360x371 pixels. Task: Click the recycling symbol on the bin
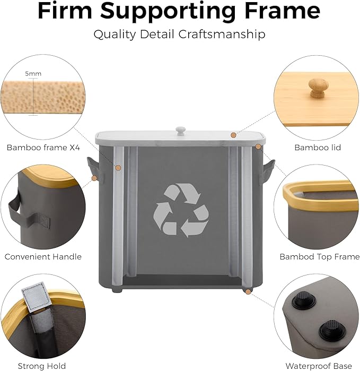pyautogui.click(x=181, y=210)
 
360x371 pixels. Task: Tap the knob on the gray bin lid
pyautogui.click(x=181, y=131)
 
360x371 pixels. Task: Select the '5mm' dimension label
pyautogui.click(x=33, y=74)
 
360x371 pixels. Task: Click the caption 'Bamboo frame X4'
pyautogui.click(x=43, y=148)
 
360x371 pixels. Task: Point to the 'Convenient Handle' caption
pyautogui.click(x=43, y=257)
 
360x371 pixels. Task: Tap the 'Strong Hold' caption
pyautogui.click(x=42, y=366)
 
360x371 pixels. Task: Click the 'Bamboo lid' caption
pyautogui.click(x=318, y=148)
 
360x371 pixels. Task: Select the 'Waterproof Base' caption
pyautogui.click(x=319, y=366)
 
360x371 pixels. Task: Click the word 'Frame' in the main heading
pyautogui.click(x=283, y=11)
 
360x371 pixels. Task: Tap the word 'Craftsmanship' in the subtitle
pyautogui.click(x=222, y=34)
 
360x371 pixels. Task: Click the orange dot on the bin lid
pyautogui.click(x=233, y=135)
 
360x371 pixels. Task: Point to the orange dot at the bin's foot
pyautogui.click(x=248, y=292)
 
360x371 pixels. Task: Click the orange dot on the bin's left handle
pyautogui.click(x=94, y=178)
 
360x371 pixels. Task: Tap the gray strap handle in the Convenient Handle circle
pyautogui.click(x=28, y=213)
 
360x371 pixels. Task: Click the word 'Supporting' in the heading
pyautogui.click(x=169, y=12)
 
